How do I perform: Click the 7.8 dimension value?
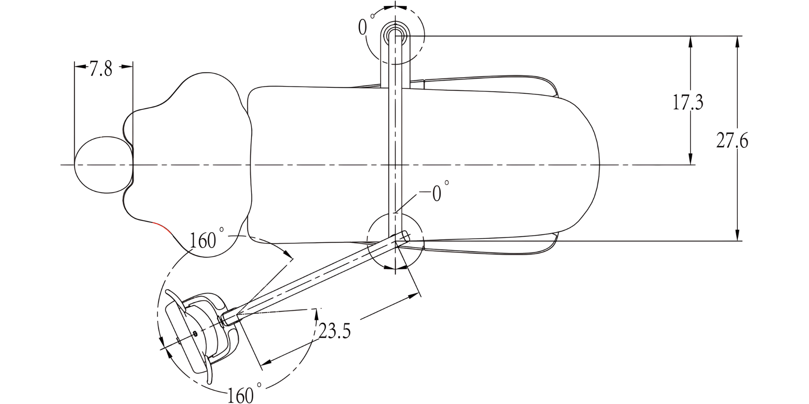101,69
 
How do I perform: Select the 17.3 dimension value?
688,102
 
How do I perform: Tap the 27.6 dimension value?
732,141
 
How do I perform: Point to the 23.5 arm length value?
335,331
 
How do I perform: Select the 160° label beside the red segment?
206,239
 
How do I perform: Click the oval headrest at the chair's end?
104,165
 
